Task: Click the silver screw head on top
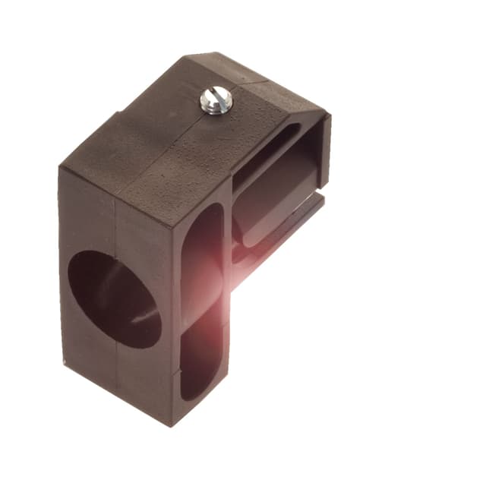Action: coord(214,101)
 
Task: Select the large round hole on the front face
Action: coord(114,298)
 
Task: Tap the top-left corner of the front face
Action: coord(60,169)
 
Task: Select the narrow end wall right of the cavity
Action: coord(324,152)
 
